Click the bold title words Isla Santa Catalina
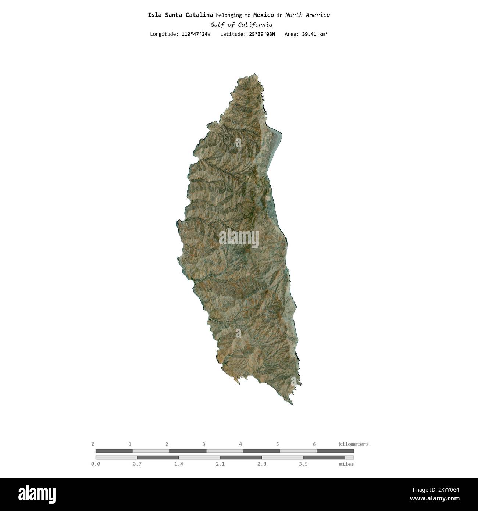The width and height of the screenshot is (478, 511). coord(180,15)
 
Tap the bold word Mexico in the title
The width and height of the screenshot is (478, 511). coord(263,15)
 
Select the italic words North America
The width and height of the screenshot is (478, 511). coord(307,15)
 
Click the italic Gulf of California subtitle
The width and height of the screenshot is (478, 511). coord(241,25)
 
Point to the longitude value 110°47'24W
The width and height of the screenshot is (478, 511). coord(196,34)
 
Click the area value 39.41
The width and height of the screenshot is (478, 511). coord(309,34)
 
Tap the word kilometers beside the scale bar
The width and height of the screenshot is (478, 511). coord(353,444)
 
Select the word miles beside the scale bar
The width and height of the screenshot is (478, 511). coord(346,464)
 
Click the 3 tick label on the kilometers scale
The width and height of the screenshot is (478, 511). coord(204,444)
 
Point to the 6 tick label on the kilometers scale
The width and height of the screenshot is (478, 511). coord(314,444)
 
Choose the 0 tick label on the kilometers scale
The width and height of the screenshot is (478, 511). coord(93,444)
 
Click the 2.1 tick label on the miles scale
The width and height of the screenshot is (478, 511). coord(220,464)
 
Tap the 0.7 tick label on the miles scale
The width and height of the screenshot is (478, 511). coord(137,464)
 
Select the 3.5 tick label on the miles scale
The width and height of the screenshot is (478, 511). coord(303,464)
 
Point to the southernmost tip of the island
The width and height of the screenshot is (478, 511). coord(292,404)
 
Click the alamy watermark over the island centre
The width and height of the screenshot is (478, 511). coord(239,238)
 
